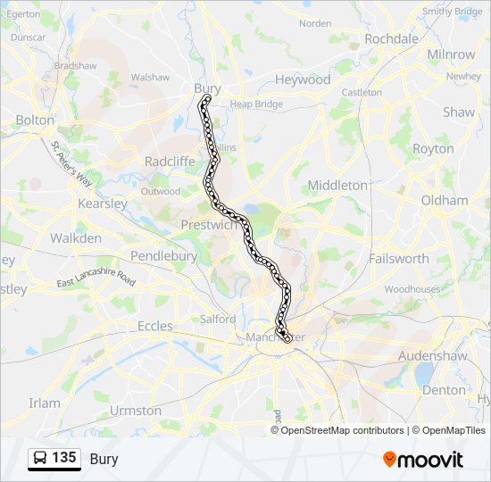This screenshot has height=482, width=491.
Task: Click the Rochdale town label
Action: (391, 39)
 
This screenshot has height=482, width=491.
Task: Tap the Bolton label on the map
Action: (35, 120)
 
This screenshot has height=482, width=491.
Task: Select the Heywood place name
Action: (302, 79)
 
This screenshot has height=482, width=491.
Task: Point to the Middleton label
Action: (337, 185)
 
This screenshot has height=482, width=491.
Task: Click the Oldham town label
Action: (444, 201)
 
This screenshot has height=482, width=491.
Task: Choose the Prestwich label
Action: (209, 225)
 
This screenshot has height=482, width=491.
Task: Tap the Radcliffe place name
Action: (170, 162)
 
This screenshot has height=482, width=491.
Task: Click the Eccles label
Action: (154, 327)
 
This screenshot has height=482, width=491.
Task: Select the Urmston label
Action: (135, 411)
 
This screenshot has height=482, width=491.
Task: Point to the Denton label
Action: (444, 390)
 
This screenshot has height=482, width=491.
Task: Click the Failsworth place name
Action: (398, 258)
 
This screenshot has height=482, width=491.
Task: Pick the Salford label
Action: (218, 319)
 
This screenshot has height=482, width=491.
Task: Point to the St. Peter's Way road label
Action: (71, 163)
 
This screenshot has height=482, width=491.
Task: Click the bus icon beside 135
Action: (40, 459)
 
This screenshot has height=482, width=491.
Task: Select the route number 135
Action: (63, 458)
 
